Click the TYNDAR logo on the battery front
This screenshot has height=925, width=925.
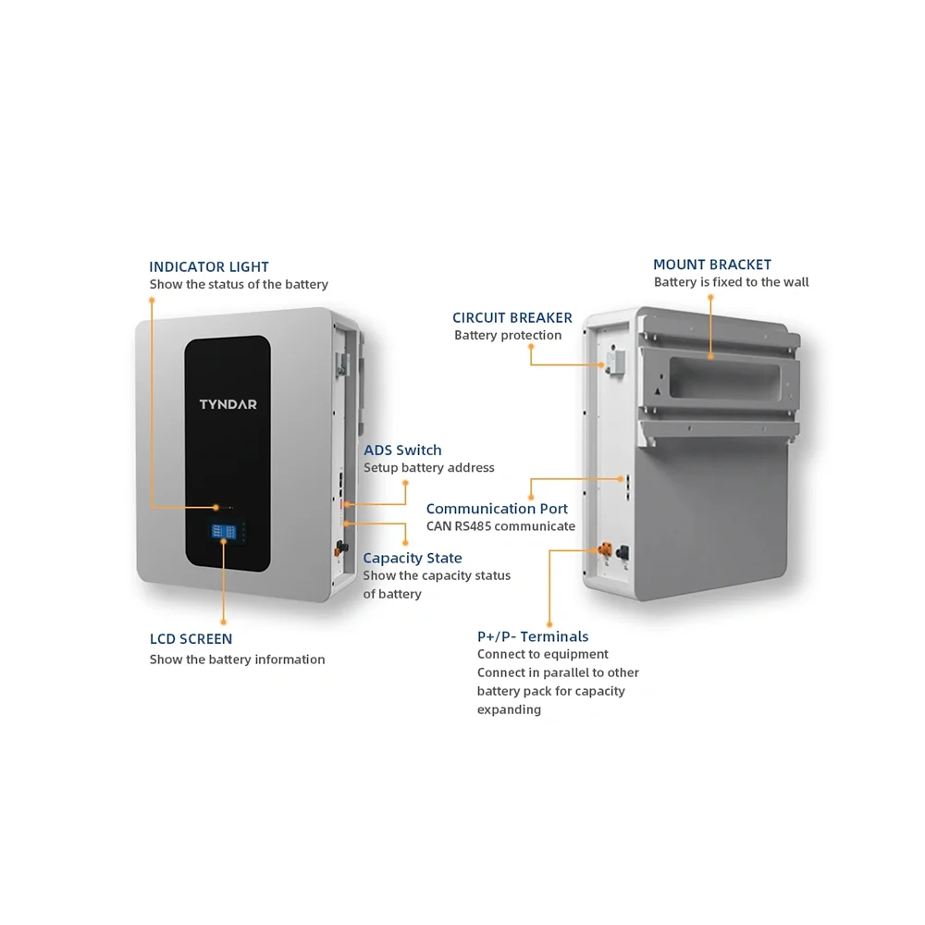point(228,404)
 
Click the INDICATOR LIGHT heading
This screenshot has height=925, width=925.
point(209,266)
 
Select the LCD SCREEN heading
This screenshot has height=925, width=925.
point(191,638)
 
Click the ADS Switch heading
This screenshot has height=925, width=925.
point(402,450)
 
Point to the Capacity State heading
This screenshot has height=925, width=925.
point(412,558)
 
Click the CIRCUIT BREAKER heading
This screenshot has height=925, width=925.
point(512,317)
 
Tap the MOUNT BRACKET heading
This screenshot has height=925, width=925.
point(711,265)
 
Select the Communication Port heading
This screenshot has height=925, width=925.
point(497,508)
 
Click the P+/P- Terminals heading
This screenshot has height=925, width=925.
point(532,635)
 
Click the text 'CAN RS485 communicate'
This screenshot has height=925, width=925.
point(500,526)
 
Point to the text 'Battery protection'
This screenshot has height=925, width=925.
point(507,335)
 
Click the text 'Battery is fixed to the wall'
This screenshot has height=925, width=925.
point(731,282)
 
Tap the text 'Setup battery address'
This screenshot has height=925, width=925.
point(428,467)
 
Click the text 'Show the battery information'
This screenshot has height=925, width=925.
point(237,659)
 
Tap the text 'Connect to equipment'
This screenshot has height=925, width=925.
point(542,654)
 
